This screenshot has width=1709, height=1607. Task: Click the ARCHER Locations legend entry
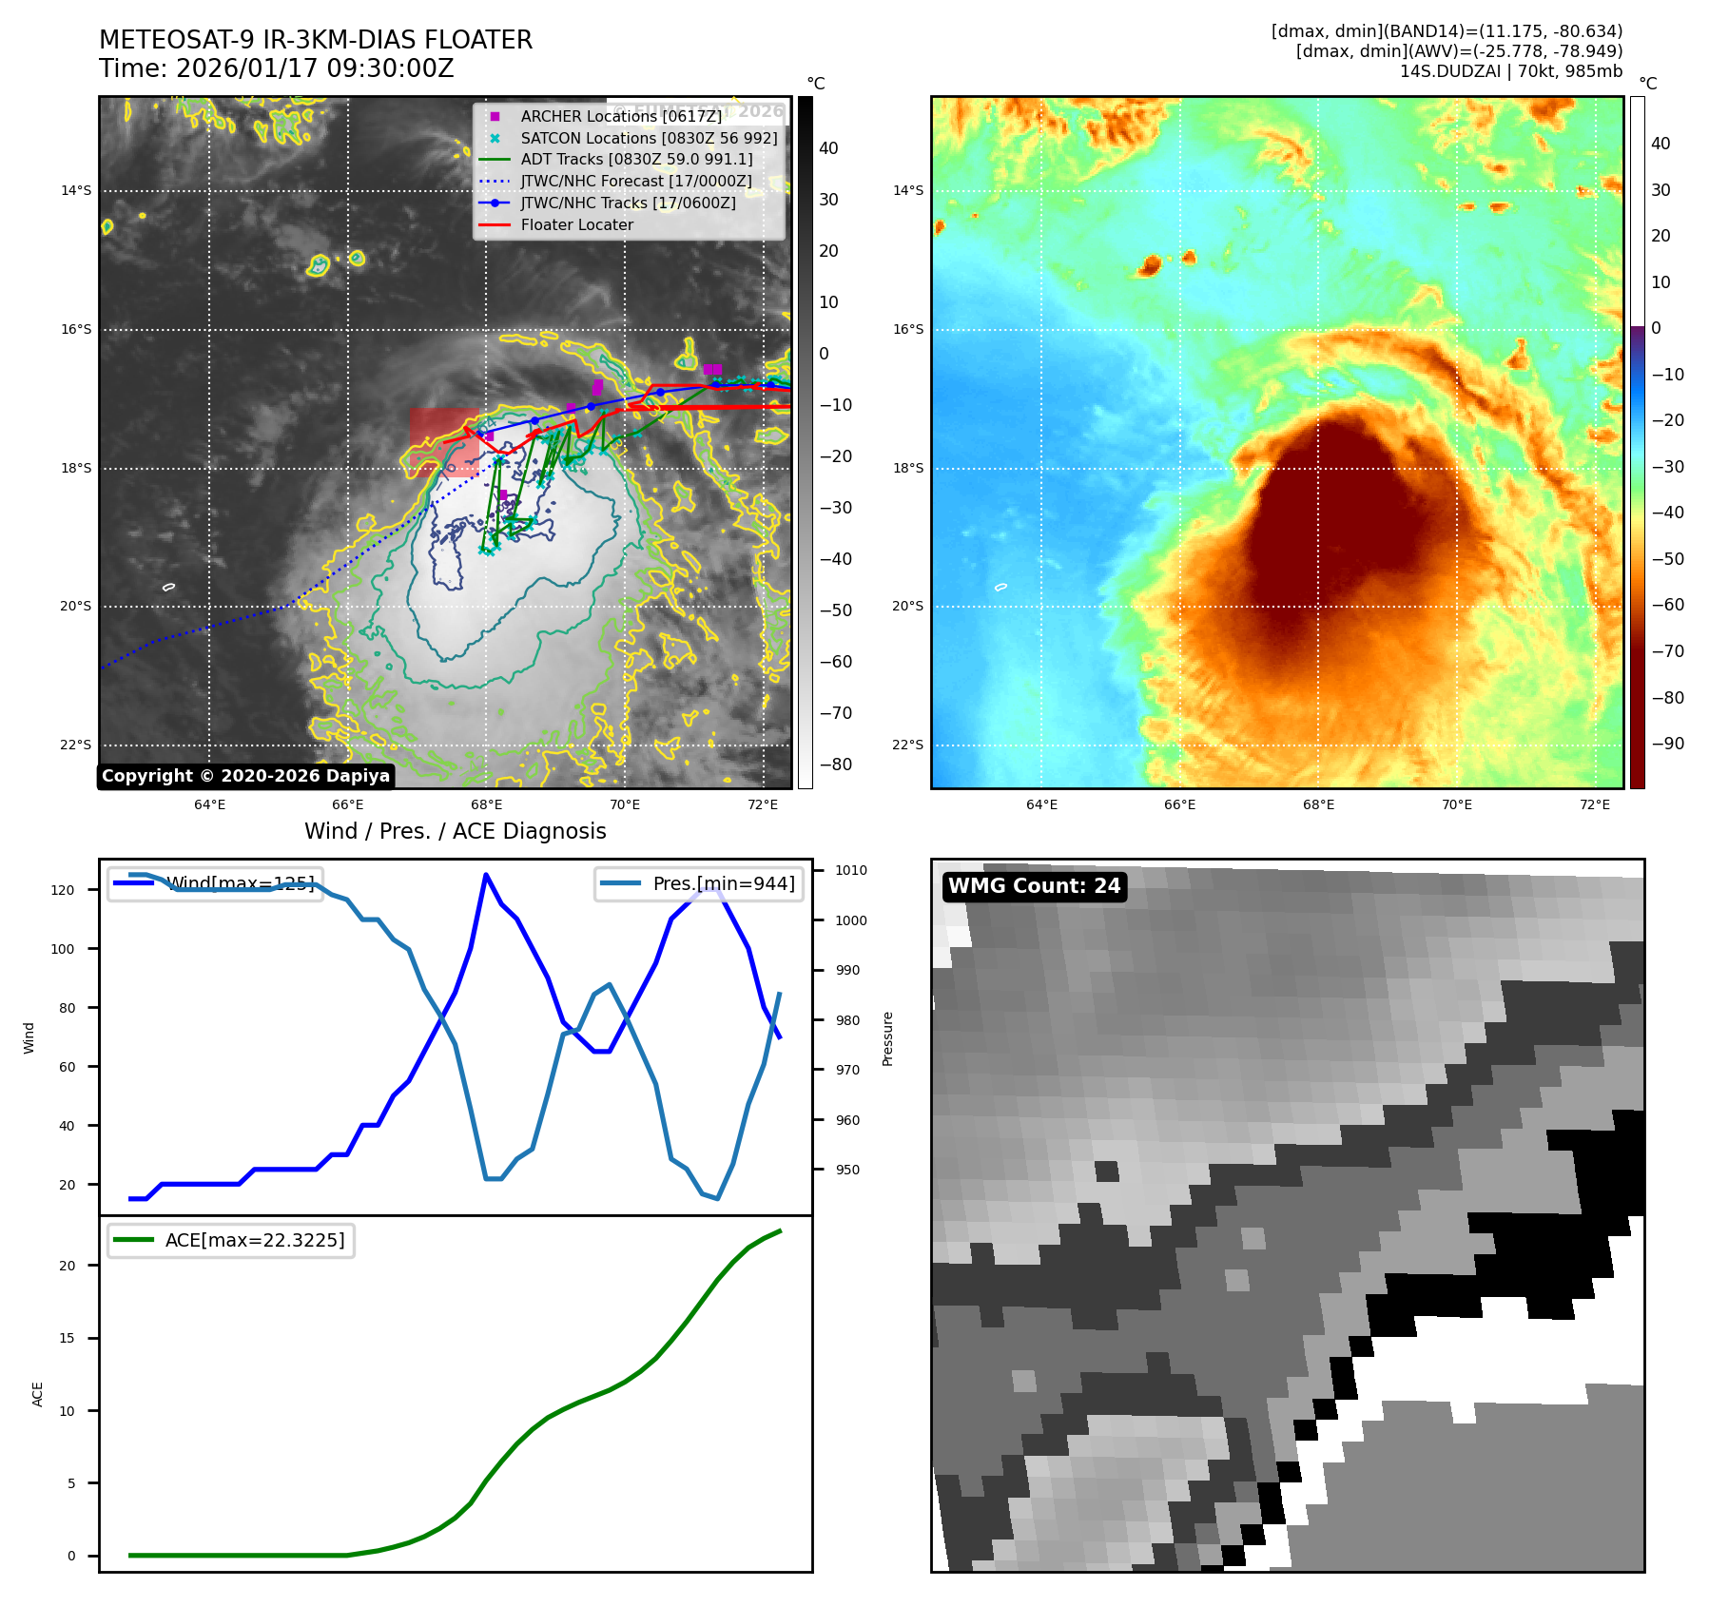tap(620, 116)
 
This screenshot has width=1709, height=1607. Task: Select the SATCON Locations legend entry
tap(649, 138)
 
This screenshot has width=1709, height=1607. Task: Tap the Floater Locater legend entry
tap(576, 224)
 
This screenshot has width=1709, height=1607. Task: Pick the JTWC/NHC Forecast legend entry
tap(635, 181)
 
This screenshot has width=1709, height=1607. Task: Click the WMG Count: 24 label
tap(1034, 886)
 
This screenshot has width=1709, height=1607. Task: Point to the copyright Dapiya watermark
tap(245, 776)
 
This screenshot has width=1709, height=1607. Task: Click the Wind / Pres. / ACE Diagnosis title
tap(455, 831)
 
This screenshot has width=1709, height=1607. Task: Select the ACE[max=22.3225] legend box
tap(231, 1240)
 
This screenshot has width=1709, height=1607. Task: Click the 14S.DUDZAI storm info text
tap(1510, 71)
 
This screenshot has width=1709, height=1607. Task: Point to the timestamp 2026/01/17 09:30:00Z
tap(315, 69)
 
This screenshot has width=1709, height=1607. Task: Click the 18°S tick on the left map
tap(76, 468)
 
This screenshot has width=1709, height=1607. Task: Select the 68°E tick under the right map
tap(1318, 804)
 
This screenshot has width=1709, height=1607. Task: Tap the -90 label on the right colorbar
tap(1668, 744)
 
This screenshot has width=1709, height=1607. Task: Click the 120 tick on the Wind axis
tap(63, 890)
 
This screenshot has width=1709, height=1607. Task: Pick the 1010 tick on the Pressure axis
tap(850, 870)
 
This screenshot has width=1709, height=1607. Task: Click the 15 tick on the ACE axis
tap(67, 1338)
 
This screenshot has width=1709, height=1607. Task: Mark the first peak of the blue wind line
tap(486, 875)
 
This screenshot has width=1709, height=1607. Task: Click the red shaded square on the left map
tap(444, 442)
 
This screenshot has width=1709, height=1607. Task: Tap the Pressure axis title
tap(887, 1038)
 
